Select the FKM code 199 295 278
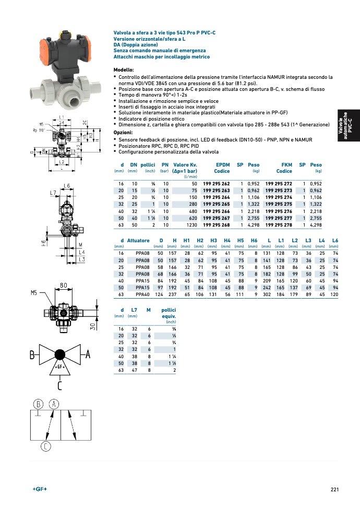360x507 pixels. (279, 225)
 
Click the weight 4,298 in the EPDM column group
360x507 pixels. (253, 225)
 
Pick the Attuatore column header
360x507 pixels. (138, 240)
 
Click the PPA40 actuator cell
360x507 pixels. (142, 294)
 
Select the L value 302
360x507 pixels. (266, 294)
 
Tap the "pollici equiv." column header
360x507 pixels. (169, 313)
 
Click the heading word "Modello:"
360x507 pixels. (124, 70)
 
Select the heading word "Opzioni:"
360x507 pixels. (123, 133)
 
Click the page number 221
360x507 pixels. (335, 489)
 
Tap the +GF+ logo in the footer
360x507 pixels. (40, 489)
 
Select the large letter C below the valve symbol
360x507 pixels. (59, 386)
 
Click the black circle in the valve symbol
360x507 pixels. (59, 355)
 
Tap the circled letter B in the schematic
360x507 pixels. (38, 405)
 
